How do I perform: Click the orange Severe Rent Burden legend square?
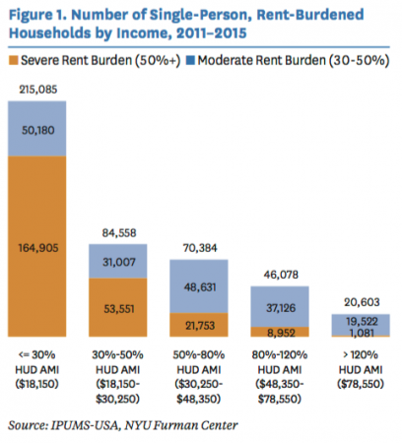(x=14, y=60)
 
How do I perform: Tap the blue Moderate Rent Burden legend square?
(x=190, y=60)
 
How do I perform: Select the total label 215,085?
(x=38, y=90)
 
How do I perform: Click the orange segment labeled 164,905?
(x=37, y=246)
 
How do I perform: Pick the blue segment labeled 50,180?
(x=37, y=128)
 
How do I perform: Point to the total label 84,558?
(x=119, y=233)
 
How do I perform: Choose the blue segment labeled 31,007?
(x=118, y=261)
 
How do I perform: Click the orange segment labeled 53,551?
(x=118, y=307)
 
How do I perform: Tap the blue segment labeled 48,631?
(x=199, y=286)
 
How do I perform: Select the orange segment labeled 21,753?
(x=199, y=325)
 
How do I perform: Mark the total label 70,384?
(x=200, y=248)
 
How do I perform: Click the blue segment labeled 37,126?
(x=280, y=306)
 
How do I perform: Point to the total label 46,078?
(x=281, y=275)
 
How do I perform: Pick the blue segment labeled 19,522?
(x=361, y=325)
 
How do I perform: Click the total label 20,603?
(x=362, y=302)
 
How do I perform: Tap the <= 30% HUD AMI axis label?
(x=37, y=369)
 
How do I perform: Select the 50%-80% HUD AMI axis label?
(x=199, y=377)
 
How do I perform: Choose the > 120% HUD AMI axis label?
(x=361, y=369)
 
